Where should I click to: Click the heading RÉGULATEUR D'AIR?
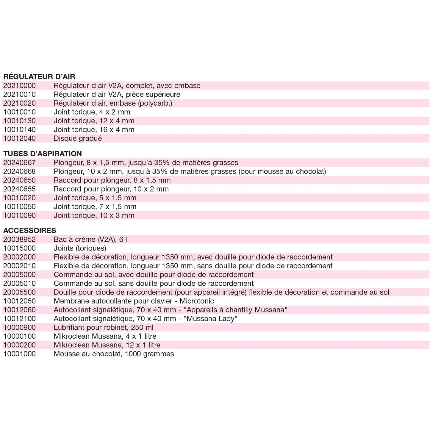coord(39,77)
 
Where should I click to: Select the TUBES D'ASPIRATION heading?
coord(42,154)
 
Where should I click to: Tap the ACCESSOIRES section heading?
coord(29,231)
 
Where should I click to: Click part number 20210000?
coord(19,86)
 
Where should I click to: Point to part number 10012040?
coord(19,139)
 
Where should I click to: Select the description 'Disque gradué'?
coord(78,139)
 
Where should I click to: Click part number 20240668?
coord(19,171)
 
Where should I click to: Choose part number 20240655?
coord(19,189)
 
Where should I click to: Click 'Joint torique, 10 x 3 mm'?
coord(94,215)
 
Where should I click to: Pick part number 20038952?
coord(19,240)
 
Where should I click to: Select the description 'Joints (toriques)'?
coord(80,248)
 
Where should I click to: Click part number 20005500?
coord(19,292)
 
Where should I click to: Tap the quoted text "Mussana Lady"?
coord(211,319)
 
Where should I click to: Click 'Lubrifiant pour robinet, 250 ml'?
coord(104,328)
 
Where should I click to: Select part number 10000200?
coord(19,345)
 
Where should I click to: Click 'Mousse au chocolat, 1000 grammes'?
coord(114,354)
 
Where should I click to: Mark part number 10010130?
coord(19,121)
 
